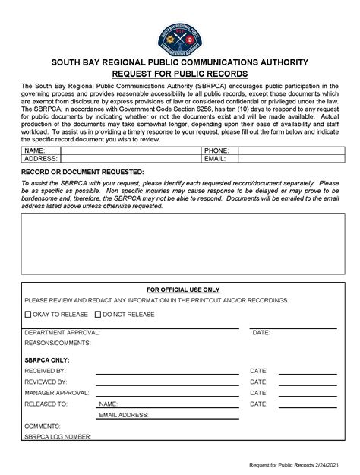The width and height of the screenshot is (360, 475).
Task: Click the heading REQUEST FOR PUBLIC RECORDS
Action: [179, 74]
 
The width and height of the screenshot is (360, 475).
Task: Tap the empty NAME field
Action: [131, 152]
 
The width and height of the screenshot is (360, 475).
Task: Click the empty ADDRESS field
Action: [131, 160]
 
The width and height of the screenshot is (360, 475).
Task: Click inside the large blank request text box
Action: [179, 242]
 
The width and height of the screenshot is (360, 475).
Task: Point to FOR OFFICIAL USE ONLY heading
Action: [182, 290]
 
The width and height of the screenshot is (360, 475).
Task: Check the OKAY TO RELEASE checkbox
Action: [28, 315]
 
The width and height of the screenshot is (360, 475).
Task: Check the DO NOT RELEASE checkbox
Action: [97, 315]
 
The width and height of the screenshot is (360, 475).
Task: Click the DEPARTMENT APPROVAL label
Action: [62, 333]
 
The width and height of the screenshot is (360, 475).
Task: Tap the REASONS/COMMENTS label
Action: [56, 344]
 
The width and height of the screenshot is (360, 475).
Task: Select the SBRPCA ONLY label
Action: [47, 359]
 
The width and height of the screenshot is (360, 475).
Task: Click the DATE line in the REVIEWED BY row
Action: [307, 384]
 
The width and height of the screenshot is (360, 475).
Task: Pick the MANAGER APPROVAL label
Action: [58, 393]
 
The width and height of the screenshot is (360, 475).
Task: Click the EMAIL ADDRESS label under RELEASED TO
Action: [124, 416]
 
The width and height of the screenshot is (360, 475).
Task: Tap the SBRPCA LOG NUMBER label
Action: [58, 437]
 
